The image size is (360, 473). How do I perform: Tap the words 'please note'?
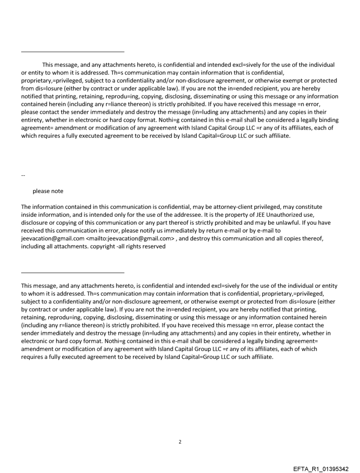pyautogui.click(x=48, y=191)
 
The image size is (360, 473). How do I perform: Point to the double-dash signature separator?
pyautogui.click(x=23, y=175)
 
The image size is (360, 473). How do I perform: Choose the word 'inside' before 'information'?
pyautogui.click(x=29, y=215)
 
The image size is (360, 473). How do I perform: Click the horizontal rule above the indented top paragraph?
pyautogui.click(x=73, y=52)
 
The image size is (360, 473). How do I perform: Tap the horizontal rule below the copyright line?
pyautogui.click(x=73, y=272)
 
